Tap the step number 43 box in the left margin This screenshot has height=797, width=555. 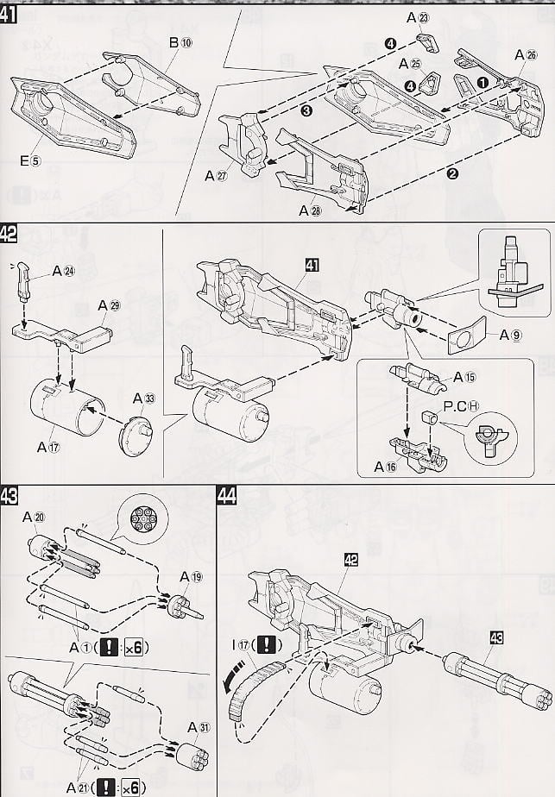pyautogui.click(x=12, y=497)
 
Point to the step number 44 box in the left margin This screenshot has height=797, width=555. pyautogui.click(x=228, y=497)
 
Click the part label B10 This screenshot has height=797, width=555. pyautogui.click(x=179, y=42)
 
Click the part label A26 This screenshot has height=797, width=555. pyautogui.click(x=526, y=55)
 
